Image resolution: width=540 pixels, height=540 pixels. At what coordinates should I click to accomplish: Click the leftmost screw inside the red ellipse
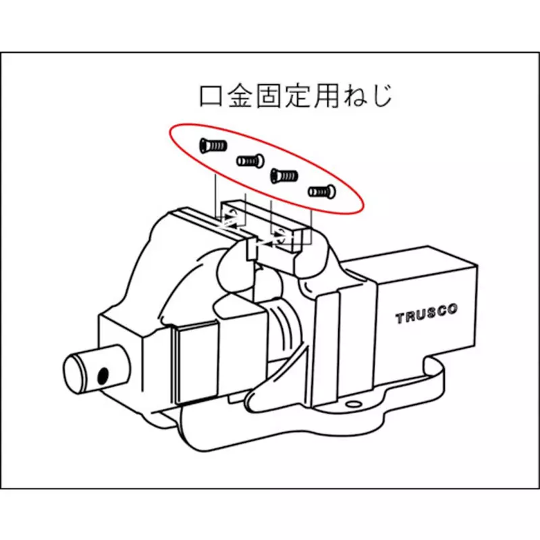(x=212, y=144)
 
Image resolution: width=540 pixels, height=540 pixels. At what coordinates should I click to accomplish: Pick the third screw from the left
(x=283, y=176)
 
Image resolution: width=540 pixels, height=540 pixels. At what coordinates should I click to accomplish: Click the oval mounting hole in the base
(x=352, y=406)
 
